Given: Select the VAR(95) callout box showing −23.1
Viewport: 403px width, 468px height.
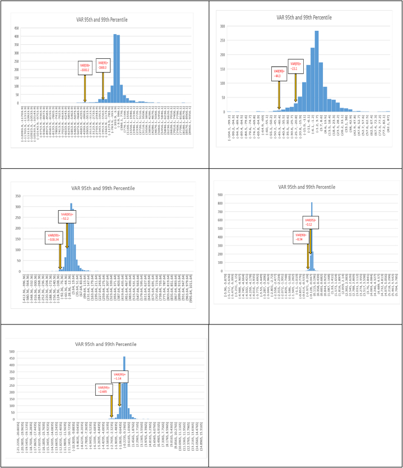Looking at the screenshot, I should click(x=295, y=66).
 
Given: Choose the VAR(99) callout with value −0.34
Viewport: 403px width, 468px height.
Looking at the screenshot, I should click(x=299, y=237).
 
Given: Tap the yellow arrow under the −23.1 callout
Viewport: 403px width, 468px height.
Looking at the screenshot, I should click(x=295, y=87).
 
